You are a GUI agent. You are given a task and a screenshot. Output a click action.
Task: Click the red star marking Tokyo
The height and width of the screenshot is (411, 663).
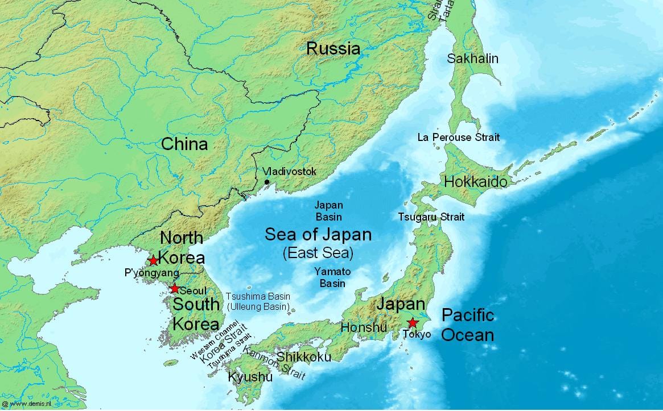(413, 323)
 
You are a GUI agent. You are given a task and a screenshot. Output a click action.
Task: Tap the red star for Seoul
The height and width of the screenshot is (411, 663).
(175, 288)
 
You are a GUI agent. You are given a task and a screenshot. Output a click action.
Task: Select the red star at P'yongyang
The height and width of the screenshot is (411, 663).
(153, 260)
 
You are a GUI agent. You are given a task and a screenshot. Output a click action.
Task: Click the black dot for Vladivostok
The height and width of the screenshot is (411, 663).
(267, 182)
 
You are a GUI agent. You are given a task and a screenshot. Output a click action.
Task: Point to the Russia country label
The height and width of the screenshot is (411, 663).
(333, 48)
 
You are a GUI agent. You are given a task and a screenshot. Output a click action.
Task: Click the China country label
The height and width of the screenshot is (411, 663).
(184, 144)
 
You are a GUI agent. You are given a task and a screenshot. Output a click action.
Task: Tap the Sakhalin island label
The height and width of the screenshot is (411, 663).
(472, 59)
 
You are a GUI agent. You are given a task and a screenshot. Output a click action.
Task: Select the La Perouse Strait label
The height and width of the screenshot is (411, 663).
(458, 137)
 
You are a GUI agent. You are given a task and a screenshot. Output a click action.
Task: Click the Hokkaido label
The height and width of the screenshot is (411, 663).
(475, 182)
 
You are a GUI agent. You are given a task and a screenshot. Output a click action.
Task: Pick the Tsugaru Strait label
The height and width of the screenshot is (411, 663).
(431, 217)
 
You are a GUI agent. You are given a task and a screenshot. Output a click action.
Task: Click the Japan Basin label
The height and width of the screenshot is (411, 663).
(329, 210)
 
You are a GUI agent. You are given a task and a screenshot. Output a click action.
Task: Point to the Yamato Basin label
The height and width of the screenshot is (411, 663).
(332, 277)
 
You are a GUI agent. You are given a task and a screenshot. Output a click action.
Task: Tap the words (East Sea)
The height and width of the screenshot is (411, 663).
(318, 252)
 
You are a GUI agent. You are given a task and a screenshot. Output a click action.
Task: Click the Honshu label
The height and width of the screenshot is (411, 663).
(364, 327)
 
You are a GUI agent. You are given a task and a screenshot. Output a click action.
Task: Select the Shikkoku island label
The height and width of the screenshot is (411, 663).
(303, 356)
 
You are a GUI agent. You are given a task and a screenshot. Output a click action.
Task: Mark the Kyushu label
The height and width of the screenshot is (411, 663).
(250, 376)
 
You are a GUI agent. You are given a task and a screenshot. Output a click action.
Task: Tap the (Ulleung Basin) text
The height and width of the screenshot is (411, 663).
(258, 307)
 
